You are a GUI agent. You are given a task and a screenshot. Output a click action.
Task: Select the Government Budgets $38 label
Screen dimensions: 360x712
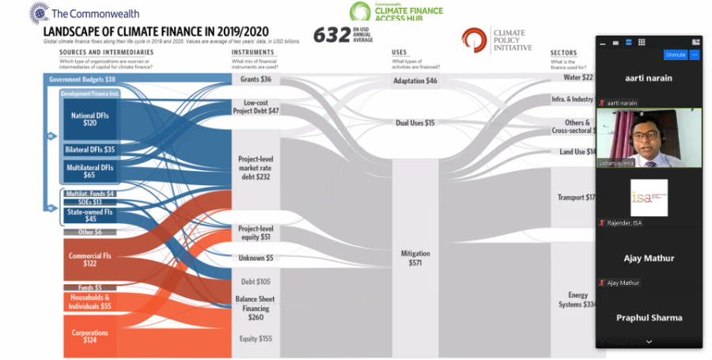pos(82,79)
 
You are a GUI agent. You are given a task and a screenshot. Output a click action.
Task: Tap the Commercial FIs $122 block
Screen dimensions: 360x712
pos(90,259)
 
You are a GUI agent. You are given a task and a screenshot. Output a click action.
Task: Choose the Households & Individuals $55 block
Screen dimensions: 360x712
pos(90,301)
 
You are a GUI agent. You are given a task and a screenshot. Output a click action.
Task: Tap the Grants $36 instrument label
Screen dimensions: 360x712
pos(255,79)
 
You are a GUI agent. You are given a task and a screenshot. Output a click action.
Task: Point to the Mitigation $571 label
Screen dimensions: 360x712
pos(415,258)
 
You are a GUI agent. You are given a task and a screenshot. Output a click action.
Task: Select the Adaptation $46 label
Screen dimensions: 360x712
pos(415,81)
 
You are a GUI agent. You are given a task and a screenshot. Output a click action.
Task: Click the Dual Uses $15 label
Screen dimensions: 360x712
pos(415,123)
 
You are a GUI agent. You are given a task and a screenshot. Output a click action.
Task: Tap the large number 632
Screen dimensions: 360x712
pos(331,35)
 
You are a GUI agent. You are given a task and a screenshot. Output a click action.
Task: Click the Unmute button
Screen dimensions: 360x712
pos(675,55)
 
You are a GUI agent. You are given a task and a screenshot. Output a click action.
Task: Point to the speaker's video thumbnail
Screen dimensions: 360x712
pos(648,138)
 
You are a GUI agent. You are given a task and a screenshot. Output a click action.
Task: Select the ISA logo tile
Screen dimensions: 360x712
pos(649,198)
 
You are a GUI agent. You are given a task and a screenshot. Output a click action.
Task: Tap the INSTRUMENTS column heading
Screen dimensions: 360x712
pos(252,53)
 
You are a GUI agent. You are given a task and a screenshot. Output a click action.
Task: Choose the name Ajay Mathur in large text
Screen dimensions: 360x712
pos(649,258)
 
